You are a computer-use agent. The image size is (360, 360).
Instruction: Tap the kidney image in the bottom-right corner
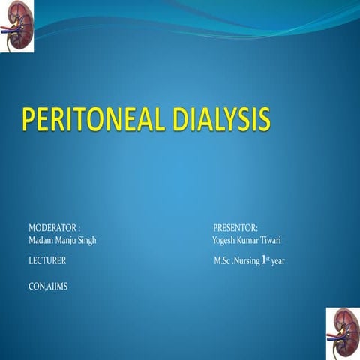pos(343,332)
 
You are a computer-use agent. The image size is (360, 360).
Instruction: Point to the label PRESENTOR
pos(235,227)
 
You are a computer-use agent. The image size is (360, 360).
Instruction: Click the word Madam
pos(41,239)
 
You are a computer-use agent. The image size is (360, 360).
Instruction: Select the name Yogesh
pos(225,239)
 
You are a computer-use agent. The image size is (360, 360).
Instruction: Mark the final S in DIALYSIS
pos(262,121)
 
